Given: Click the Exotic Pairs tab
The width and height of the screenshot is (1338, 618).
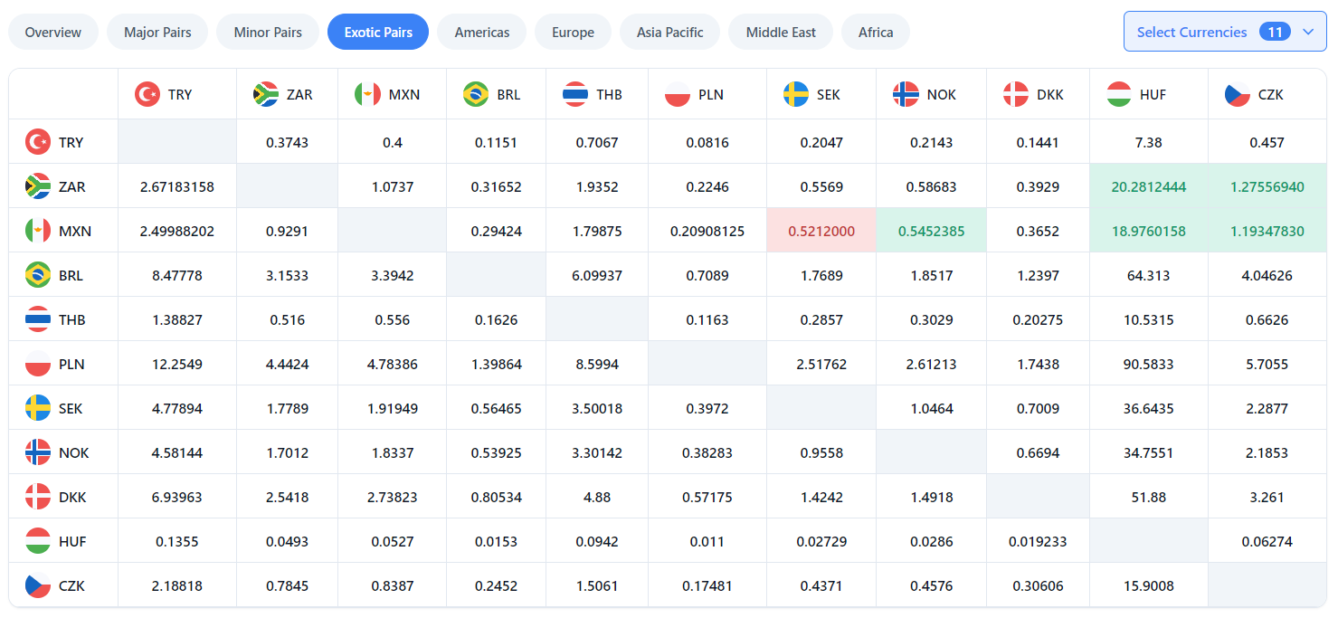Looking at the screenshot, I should click(x=378, y=32).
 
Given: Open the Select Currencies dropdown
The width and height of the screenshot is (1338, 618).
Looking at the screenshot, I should click(x=1224, y=32).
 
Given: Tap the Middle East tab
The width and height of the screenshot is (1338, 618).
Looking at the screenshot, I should click(x=780, y=32).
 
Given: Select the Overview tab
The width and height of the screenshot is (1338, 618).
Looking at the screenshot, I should click(x=53, y=32).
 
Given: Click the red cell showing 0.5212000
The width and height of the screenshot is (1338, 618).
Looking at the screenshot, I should click(x=821, y=231).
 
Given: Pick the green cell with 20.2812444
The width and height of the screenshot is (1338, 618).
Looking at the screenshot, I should click(x=1148, y=186).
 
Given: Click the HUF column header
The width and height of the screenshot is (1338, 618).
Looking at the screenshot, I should click(x=1148, y=94).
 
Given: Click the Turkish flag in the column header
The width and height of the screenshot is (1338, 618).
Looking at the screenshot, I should click(x=147, y=94).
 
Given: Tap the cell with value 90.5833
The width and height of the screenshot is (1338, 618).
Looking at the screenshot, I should click(x=1148, y=364).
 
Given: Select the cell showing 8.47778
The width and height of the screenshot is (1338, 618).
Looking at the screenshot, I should click(x=177, y=275).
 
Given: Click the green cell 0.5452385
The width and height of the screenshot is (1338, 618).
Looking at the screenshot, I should click(x=931, y=231).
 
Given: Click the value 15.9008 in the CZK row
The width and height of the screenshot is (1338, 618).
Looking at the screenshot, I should click(x=1148, y=585).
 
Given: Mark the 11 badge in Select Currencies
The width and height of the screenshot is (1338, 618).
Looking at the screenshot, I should click(x=1275, y=32).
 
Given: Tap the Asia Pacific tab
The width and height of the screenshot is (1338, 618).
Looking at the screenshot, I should click(x=669, y=32).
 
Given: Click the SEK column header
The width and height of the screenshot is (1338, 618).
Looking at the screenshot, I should click(x=821, y=94).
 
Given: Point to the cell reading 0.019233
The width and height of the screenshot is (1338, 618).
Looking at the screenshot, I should click(x=1037, y=541).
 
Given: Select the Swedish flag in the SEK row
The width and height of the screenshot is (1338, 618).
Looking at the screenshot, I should click(x=38, y=408).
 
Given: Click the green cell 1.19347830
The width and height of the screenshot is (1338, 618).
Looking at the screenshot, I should click(x=1267, y=231).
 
